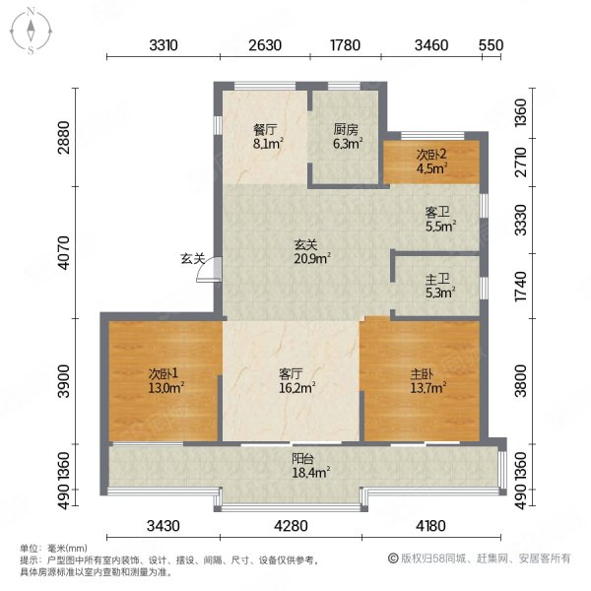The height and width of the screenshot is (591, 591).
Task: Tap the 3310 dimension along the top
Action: [x=164, y=45]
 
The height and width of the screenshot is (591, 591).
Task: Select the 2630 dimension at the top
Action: [x=265, y=45]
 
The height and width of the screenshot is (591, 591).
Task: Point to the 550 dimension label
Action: [x=492, y=45]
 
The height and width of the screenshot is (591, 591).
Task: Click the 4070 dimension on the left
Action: [x=64, y=252]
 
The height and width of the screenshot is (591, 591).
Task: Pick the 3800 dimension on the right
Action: [x=520, y=380]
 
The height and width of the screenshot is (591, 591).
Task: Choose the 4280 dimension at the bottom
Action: [x=291, y=525]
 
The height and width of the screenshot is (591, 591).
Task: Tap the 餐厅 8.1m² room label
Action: [x=268, y=137]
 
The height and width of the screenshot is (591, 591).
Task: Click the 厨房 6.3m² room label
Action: [x=348, y=137]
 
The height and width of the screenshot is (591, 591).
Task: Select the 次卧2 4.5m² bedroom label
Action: [x=431, y=161]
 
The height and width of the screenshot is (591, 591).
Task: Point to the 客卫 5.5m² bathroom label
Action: [x=440, y=220]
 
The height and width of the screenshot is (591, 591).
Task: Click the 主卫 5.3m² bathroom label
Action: [x=440, y=286]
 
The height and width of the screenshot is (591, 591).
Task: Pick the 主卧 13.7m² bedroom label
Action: [x=428, y=380]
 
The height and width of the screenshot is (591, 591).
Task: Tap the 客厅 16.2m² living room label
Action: [x=297, y=380]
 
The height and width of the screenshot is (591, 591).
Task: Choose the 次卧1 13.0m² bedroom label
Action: [x=165, y=380]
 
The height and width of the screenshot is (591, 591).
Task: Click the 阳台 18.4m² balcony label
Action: [x=311, y=465]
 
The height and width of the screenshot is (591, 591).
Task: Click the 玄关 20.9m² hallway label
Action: [x=312, y=252]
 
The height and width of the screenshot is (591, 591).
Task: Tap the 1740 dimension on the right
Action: [x=520, y=286]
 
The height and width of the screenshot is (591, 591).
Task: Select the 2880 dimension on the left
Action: [x=64, y=137]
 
